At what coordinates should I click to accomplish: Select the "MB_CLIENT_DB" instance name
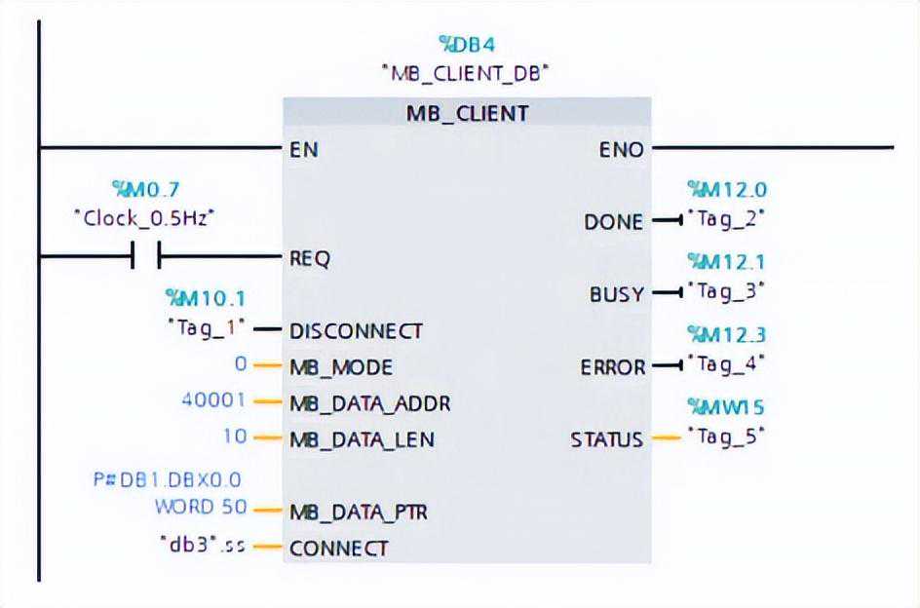466,73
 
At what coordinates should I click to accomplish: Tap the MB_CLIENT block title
467,113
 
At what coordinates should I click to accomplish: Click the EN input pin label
303,150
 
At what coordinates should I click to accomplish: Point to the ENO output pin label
621,150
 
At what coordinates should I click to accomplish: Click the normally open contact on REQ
145,258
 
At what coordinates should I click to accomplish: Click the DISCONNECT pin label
356,330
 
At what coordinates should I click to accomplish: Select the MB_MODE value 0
242,365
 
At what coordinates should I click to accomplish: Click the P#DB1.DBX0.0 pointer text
167,479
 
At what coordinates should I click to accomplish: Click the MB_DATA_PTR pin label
359,512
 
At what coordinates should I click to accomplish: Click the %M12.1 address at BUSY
726,261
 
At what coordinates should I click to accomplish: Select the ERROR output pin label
612,367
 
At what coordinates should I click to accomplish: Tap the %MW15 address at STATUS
726,406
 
